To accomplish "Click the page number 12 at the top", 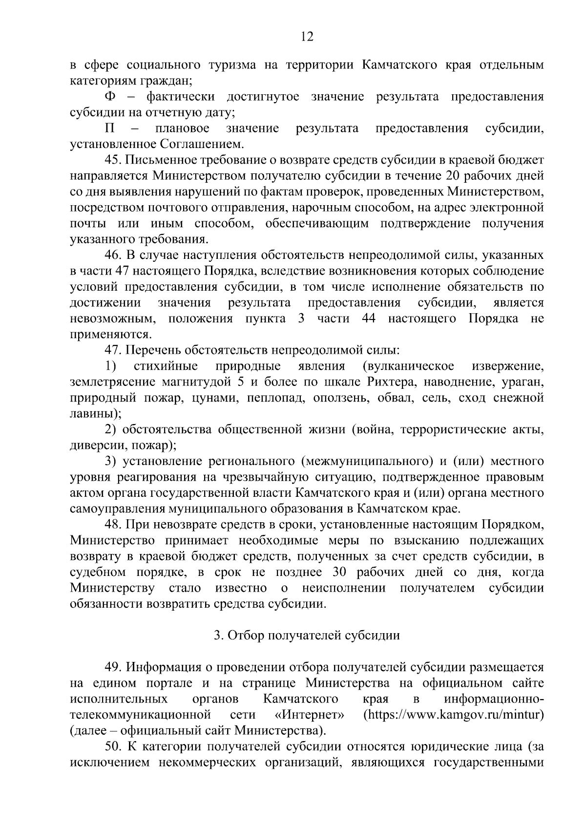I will click(307, 38).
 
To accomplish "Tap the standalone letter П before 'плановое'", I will click(110, 128).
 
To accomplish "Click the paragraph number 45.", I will click(114, 160).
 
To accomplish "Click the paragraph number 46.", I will click(114, 255).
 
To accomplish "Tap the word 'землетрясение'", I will click(116, 382).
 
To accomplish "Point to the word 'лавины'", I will click(93, 414).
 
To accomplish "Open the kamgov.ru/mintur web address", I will click(454, 715).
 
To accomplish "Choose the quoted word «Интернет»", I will click(309, 715).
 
